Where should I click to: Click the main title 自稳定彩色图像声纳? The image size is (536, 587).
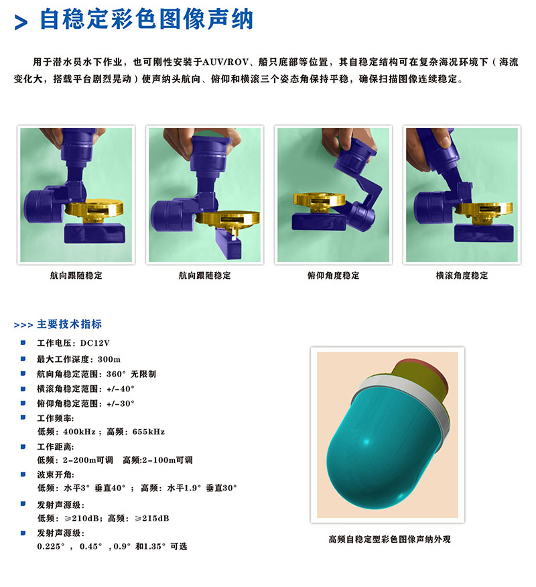(x=146, y=19)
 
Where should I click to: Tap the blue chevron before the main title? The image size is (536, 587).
(x=21, y=23)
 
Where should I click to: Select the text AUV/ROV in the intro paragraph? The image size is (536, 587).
(x=225, y=62)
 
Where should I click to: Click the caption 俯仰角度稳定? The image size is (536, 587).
(x=333, y=275)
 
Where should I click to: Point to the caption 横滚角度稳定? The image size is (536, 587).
(x=462, y=275)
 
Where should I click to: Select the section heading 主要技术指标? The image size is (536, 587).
(x=69, y=324)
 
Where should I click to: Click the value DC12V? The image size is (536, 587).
(x=94, y=343)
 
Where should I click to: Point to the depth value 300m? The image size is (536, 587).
(x=109, y=359)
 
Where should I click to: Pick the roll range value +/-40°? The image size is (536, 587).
(x=121, y=389)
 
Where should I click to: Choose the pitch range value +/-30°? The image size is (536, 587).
(x=121, y=403)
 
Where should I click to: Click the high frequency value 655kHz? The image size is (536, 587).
(x=149, y=432)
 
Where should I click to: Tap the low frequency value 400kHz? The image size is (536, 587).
(x=79, y=432)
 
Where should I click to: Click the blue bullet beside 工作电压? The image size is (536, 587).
(x=23, y=343)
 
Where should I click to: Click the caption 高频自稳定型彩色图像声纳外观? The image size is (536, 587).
(x=389, y=539)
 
